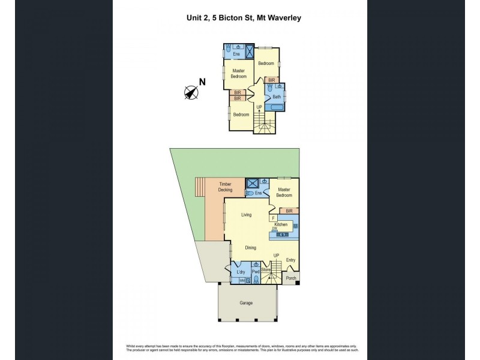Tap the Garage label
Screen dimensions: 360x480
(x=247, y=303)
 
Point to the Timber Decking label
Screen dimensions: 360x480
(x=225, y=187)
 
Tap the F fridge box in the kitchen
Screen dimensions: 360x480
(x=272, y=218)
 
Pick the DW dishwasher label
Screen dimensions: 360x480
(x=274, y=229)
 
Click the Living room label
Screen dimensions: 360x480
(x=246, y=214)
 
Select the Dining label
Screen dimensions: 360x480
(x=250, y=247)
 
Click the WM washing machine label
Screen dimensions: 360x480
(x=242, y=280)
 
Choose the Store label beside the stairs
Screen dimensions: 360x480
(x=266, y=271)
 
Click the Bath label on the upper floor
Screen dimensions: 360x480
(x=277, y=97)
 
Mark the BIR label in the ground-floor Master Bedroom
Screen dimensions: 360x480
(x=289, y=211)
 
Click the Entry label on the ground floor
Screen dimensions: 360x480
(x=290, y=260)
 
